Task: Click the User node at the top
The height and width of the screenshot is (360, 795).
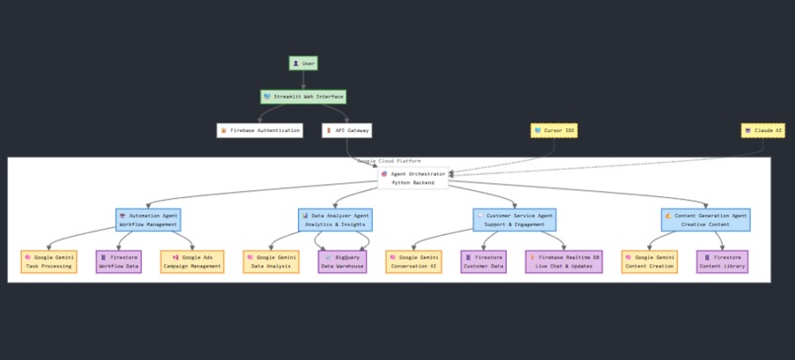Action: click(x=303, y=63)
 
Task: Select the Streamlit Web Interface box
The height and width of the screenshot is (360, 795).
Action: click(x=303, y=97)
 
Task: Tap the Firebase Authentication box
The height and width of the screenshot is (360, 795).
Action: click(x=259, y=130)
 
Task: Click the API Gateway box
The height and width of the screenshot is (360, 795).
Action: click(x=346, y=130)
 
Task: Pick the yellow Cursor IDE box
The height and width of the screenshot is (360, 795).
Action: click(x=553, y=130)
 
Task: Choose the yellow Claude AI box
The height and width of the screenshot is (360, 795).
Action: click(x=762, y=130)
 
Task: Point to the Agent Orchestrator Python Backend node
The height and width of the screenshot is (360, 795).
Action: click(x=412, y=178)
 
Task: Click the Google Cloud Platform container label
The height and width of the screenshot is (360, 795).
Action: click(x=389, y=161)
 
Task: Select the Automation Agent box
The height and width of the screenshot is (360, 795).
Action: click(x=148, y=219)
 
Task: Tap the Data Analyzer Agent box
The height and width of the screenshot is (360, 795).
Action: click(x=334, y=219)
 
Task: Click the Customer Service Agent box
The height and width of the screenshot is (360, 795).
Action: click(x=513, y=219)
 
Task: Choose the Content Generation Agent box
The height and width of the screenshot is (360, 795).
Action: click(x=704, y=219)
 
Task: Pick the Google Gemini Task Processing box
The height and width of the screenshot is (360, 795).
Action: click(x=48, y=261)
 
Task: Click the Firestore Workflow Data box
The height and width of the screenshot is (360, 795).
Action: click(x=118, y=261)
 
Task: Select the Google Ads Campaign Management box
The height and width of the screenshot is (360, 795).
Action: click(x=191, y=261)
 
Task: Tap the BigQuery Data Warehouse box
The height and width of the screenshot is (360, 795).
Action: click(x=342, y=261)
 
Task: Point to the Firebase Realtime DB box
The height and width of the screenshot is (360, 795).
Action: click(x=563, y=261)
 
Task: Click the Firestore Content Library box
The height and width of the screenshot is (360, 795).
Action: click(x=722, y=261)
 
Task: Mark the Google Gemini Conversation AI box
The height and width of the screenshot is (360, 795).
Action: click(x=413, y=261)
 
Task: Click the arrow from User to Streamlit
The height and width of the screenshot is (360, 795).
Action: click(x=303, y=80)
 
